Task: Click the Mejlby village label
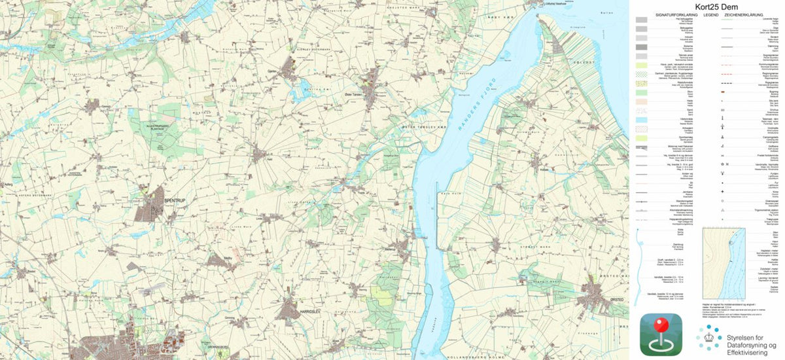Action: [x=228, y=259]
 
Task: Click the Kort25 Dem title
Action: [x=706, y=6]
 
